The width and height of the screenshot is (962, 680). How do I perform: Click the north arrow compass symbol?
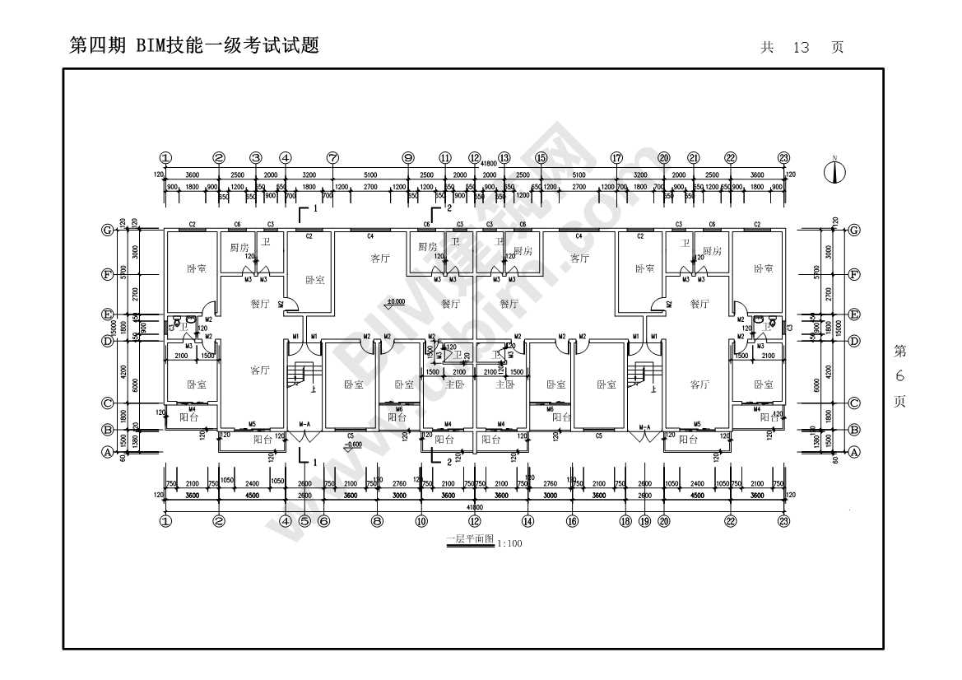pos(835,173)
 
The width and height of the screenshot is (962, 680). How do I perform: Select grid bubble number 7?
pos(332,158)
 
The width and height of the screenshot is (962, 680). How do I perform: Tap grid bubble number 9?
pos(407,158)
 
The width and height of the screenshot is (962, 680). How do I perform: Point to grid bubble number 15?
pos(541,158)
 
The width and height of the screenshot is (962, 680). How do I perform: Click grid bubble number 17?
pos(616,158)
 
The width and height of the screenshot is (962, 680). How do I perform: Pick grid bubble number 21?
pos(694,158)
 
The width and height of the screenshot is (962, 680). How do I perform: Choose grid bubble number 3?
pos(256,158)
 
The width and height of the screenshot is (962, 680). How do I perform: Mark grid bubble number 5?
pos(304,520)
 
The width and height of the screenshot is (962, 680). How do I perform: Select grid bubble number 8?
pos(377,520)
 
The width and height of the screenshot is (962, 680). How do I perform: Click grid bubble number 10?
pos(421,520)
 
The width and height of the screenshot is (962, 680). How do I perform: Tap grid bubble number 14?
pos(527,520)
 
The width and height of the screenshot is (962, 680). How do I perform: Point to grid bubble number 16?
pos(572,520)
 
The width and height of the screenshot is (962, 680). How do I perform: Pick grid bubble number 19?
pos(644,520)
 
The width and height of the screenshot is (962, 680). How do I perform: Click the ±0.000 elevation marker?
pos(395,303)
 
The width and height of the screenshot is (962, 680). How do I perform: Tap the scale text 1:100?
pos(510,543)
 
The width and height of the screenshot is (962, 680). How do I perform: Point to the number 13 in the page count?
pos(801,48)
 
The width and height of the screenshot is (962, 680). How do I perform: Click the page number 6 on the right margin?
pos(899,376)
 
